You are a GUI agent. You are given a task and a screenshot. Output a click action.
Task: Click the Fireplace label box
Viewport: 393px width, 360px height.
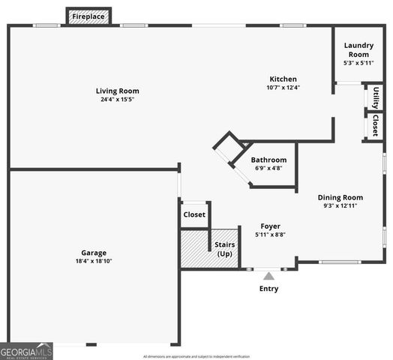coord(88,16)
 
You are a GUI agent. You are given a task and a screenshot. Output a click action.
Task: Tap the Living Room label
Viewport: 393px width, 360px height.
coord(118,91)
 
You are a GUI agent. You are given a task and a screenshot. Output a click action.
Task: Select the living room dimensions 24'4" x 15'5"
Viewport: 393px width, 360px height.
coord(118,100)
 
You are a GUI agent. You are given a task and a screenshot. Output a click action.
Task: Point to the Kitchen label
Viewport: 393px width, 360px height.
coord(283,79)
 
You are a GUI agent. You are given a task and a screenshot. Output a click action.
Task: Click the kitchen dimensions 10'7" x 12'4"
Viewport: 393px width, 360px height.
coord(283,88)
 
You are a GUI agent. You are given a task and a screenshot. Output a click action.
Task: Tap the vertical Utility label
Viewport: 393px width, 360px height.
coord(375,97)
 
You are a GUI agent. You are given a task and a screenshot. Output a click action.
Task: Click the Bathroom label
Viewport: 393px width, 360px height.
coord(268,160)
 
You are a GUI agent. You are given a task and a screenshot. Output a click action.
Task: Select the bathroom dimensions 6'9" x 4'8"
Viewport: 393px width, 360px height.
coord(268,169)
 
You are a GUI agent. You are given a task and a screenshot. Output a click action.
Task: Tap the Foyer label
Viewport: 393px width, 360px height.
coord(270,226)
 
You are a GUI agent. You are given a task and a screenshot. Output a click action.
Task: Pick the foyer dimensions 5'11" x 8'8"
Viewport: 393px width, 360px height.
coord(270,235)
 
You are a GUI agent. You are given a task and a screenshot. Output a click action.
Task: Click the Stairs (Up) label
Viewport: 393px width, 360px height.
coord(224,249)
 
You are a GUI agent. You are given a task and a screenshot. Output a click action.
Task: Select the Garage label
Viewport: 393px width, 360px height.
coord(94,253)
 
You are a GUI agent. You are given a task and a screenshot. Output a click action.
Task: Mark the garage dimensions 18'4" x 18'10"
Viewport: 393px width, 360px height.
coord(94,262)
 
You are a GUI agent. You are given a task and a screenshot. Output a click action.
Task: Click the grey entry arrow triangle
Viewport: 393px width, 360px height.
coord(268,276)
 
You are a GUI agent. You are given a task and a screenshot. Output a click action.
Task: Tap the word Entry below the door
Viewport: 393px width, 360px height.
coord(268,289)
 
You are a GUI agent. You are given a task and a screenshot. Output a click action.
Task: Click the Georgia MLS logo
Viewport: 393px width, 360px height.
coord(26,351)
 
